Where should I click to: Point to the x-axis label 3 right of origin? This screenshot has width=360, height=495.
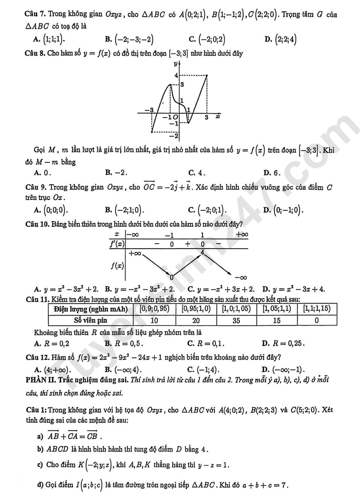(207, 117)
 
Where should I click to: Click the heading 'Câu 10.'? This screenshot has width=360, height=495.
(38, 223)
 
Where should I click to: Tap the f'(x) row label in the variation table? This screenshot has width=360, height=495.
(117, 244)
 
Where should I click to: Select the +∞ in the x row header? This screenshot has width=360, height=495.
(242, 235)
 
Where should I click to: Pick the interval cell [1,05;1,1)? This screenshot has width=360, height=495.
(274, 309)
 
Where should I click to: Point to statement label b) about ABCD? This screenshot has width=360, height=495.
(40, 449)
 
